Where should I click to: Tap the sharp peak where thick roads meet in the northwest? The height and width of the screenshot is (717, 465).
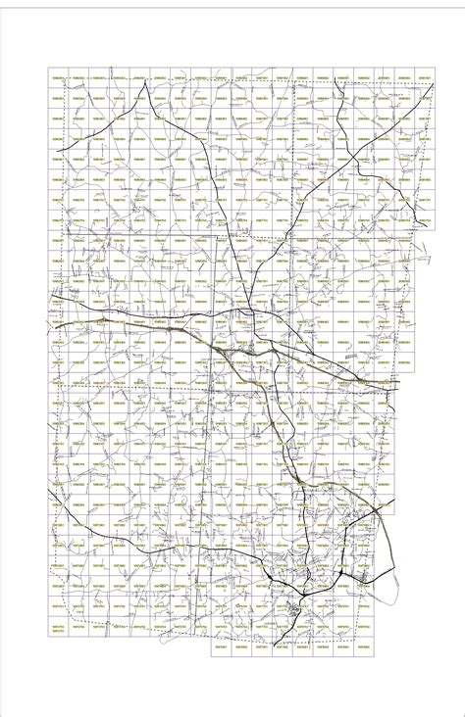[x=146, y=84]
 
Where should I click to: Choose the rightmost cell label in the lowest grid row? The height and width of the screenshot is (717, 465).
[x=363, y=647]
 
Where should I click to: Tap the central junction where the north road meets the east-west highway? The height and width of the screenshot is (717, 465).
[x=252, y=311]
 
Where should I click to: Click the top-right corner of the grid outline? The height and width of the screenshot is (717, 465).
[x=435, y=69]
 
